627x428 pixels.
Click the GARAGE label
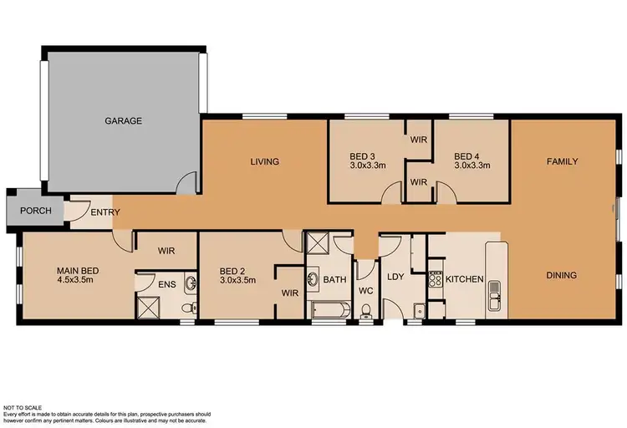point(123,120)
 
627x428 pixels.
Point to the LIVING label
point(263,161)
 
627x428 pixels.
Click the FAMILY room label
point(563,160)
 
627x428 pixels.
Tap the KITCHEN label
point(464,278)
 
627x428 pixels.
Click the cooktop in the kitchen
point(435,278)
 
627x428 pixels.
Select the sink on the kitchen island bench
point(495,290)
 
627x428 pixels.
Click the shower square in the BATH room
point(318,245)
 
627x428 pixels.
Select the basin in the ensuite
point(191,283)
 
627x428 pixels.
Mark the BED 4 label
point(466,155)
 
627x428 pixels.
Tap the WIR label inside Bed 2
point(290,293)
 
